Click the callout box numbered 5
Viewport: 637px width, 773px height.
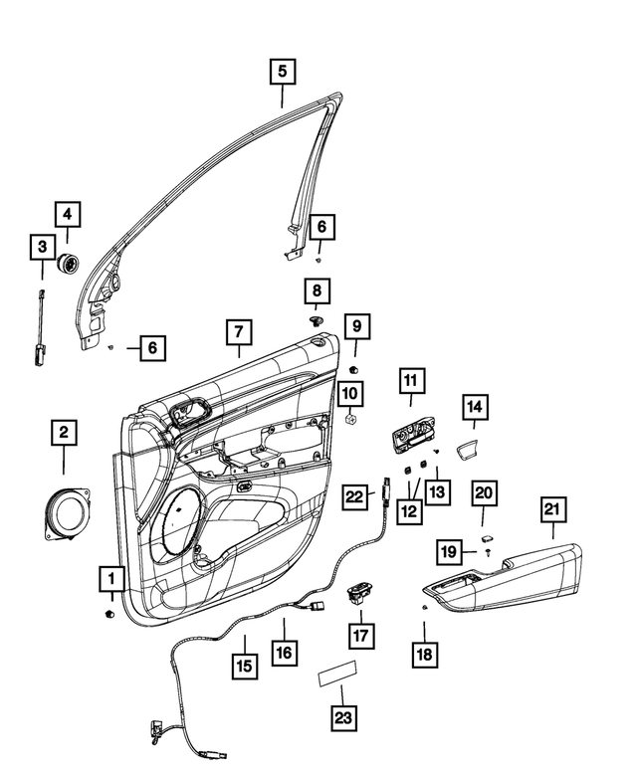[x=282, y=72]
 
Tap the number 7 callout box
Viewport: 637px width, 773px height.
[x=240, y=332]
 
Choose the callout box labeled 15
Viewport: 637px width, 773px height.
[x=244, y=665]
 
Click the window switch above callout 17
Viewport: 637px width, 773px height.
[x=357, y=594]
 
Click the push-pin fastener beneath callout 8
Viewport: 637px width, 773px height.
[x=317, y=321]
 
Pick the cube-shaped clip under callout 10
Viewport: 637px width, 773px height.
[x=349, y=422]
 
